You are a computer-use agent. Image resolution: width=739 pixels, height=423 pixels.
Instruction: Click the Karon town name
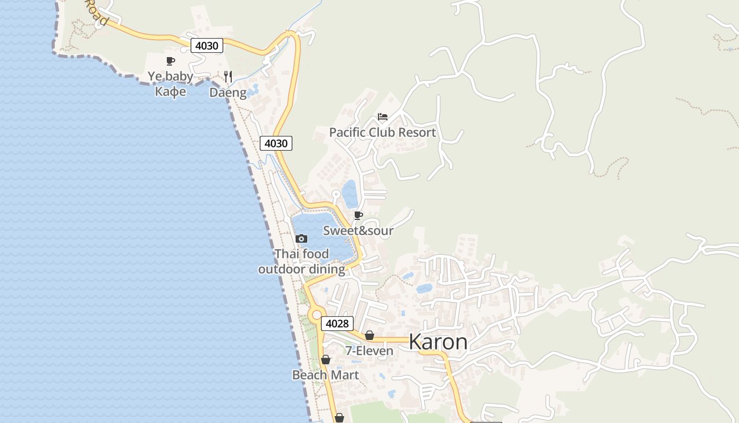438,342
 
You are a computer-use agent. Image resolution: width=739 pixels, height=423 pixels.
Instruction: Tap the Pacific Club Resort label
382,132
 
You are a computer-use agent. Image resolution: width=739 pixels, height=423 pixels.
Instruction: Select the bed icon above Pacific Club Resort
383,117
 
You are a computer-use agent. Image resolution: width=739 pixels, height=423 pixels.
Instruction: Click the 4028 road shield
337,324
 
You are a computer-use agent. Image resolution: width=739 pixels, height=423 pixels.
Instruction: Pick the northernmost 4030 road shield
206,45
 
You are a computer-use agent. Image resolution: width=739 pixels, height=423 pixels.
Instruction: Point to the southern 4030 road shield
276,143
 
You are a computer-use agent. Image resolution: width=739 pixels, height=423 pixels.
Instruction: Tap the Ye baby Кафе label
170,84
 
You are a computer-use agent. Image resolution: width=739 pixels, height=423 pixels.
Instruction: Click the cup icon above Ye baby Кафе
170,61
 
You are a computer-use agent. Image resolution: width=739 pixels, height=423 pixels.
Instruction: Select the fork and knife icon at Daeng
228,77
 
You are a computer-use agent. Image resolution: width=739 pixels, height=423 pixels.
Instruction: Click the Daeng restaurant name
228,93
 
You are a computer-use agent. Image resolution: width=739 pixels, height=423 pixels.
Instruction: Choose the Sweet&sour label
358,231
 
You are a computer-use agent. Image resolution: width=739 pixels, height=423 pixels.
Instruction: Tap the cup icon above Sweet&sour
358,215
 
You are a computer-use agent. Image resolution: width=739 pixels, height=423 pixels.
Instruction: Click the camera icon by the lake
301,239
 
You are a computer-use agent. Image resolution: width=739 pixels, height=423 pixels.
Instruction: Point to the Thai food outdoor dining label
301,262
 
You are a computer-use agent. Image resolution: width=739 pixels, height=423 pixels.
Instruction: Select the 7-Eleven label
369,351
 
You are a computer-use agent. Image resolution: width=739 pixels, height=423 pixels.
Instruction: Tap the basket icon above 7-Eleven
369,335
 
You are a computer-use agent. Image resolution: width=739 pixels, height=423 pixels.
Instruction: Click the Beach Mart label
326,375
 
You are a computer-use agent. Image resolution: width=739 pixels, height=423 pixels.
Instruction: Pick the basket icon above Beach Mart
326,360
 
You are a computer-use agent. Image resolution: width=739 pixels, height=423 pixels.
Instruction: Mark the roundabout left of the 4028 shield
316,315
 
